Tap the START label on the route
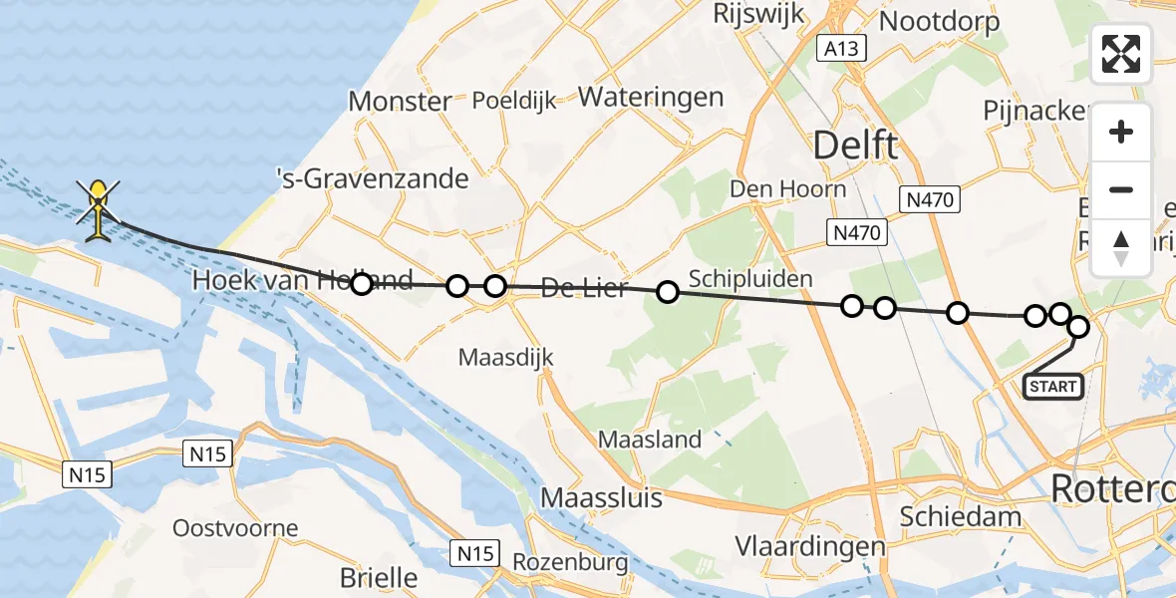pos(1053,386)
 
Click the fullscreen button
pos(1121,54)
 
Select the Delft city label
pos(855,146)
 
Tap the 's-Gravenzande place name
pos(373,179)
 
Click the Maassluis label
pos(601,496)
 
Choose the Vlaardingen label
pos(810,546)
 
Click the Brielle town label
pos(379,577)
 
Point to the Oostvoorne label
pos(235,527)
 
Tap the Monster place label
pos(400,101)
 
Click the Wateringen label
pos(651,97)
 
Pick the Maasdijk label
pos(505,356)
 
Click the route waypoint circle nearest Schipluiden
pos(668,291)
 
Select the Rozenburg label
pos(563,562)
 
